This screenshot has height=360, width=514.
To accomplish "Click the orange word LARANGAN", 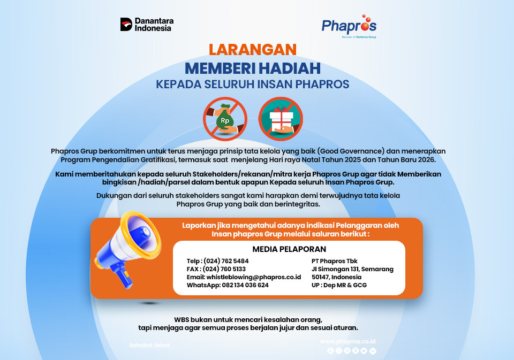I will pos(252,49).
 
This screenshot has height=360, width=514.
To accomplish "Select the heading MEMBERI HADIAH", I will pos(253,68).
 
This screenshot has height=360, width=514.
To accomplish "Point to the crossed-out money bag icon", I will pos(224,118).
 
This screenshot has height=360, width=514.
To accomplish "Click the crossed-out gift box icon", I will pos(281,118).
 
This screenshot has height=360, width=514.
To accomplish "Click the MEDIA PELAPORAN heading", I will pos(289,249).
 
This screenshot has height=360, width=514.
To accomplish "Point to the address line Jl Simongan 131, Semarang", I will pos(352,269).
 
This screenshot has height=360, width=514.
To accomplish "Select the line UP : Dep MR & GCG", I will pos(339,285).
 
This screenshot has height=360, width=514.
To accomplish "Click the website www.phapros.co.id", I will pos(348,341).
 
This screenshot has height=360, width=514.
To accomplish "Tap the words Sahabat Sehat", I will pos(149,345).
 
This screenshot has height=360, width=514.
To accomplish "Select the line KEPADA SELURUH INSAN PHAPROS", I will pos(253,85).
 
